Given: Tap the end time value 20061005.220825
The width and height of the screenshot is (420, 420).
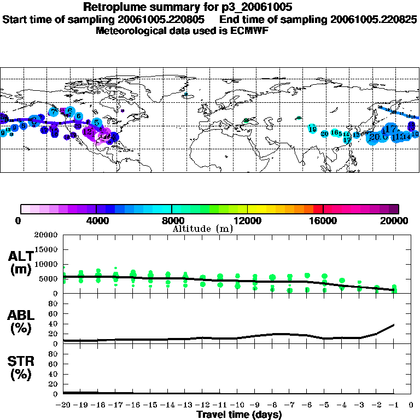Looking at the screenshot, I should pyautogui.click(x=374, y=19).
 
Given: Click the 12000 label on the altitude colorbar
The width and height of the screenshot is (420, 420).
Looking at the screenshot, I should pyautogui.click(x=247, y=220).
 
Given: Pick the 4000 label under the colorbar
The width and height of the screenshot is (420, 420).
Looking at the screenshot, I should pyautogui.click(x=96, y=220).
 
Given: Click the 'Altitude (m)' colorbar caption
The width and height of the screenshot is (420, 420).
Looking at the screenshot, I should pyautogui.click(x=202, y=229).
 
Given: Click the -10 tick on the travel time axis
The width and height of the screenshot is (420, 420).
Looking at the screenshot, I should pyautogui.click(x=236, y=405).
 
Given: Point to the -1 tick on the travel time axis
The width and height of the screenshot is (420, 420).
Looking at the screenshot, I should pyautogui.click(x=394, y=405).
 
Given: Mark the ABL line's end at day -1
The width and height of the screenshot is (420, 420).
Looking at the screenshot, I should pyautogui.click(x=394, y=325).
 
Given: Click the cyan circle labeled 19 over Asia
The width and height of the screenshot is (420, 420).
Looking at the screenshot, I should pyautogui.click(x=312, y=129).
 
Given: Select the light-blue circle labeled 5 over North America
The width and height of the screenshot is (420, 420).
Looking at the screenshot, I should pyautogui.click(x=96, y=122).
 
